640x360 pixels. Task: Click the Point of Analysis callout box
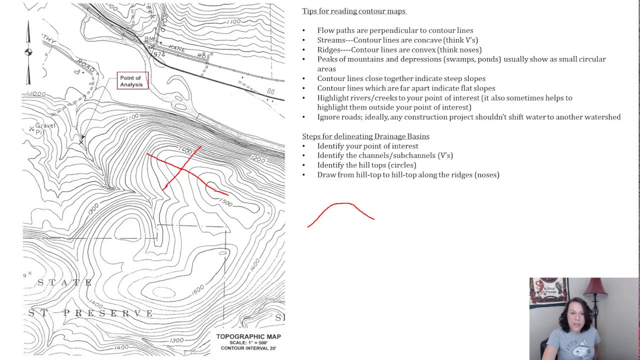coord(132,80)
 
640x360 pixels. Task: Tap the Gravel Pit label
coord(45,129)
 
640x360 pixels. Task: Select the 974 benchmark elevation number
coord(159,54)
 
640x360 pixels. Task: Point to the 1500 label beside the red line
coord(225,202)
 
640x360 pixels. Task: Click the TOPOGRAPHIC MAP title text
coord(248,336)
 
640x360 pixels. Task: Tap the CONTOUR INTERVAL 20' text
coord(248,348)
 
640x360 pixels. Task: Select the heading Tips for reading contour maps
coord(353,11)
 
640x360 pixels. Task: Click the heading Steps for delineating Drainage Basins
coord(365,136)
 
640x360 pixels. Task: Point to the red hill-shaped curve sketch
coord(342,210)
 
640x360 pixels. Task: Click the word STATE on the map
coord(65,283)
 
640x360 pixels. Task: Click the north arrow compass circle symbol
coord(28,52)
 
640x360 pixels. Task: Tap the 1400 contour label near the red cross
coord(185,149)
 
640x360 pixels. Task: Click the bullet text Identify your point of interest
coord(367,146)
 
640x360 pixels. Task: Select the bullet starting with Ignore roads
coord(468,117)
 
